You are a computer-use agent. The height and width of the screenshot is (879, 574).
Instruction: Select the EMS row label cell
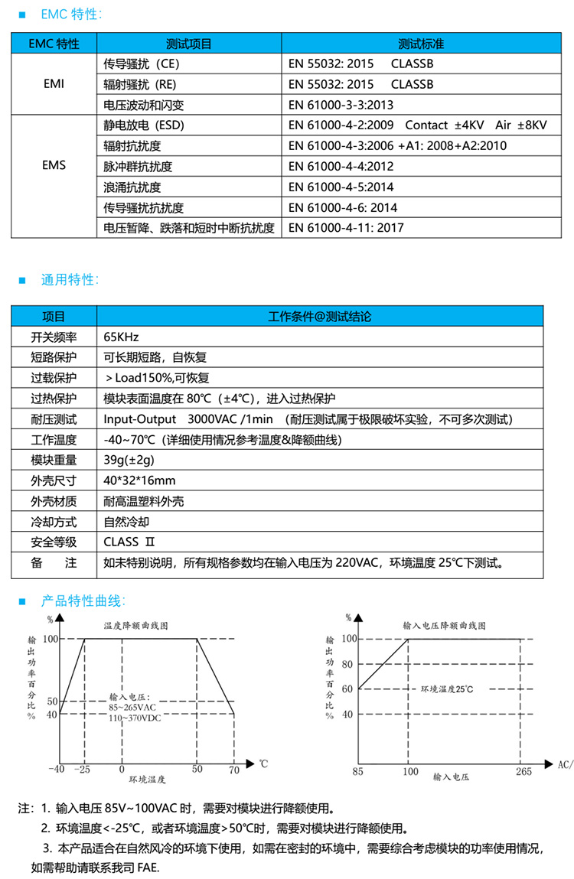[54, 166]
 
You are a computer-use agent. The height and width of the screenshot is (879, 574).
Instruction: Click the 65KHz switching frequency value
[121, 337]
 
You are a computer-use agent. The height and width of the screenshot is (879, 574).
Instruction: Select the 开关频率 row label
[54, 337]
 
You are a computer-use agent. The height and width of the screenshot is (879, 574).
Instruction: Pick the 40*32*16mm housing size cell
[139, 481]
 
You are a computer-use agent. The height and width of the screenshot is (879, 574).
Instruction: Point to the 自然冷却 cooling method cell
[127, 523]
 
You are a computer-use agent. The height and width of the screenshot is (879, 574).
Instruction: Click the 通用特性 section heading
[70, 280]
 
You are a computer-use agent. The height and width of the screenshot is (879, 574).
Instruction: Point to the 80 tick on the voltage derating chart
[347, 663]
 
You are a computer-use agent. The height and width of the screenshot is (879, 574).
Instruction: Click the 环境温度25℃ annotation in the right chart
[447, 689]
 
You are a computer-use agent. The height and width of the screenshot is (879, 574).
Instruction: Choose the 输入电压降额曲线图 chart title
[444, 625]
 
